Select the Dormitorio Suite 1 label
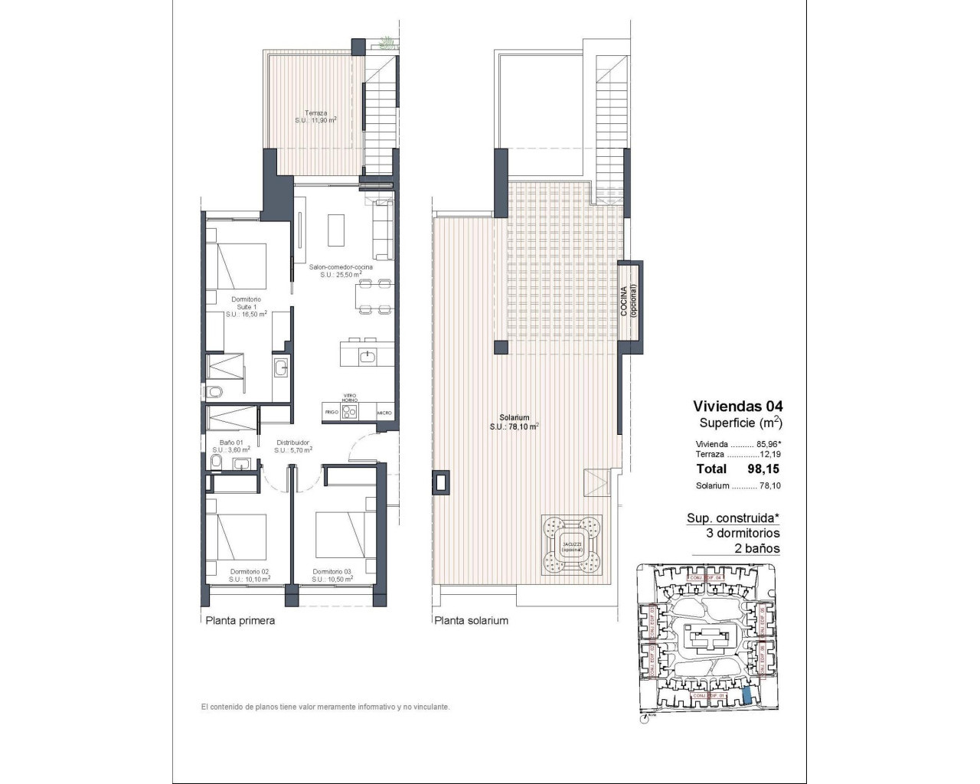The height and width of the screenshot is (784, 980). pyautogui.click(x=247, y=306)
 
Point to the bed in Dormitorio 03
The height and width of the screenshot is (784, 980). pyautogui.click(x=342, y=536)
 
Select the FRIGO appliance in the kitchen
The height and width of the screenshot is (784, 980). pyautogui.click(x=332, y=412)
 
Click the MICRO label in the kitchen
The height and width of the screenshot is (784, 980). pyautogui.click(x=384, y=413)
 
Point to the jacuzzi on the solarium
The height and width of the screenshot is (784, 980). pyautogui.click(x=571, y=544)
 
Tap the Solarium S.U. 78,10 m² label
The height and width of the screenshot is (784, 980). pyautogui.click(x=514, y=423)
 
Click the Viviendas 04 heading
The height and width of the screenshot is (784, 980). pyautogui.click(x=738, y=406)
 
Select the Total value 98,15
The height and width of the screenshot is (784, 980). pyautogui.click(x=763, y=469)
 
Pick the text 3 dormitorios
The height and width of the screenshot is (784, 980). pyautogui.click(x=743, y=533)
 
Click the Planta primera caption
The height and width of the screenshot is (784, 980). pyautogui.click(x=240, y=621)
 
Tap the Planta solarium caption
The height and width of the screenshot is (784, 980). pyautogui.click(x=471, y=621)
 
